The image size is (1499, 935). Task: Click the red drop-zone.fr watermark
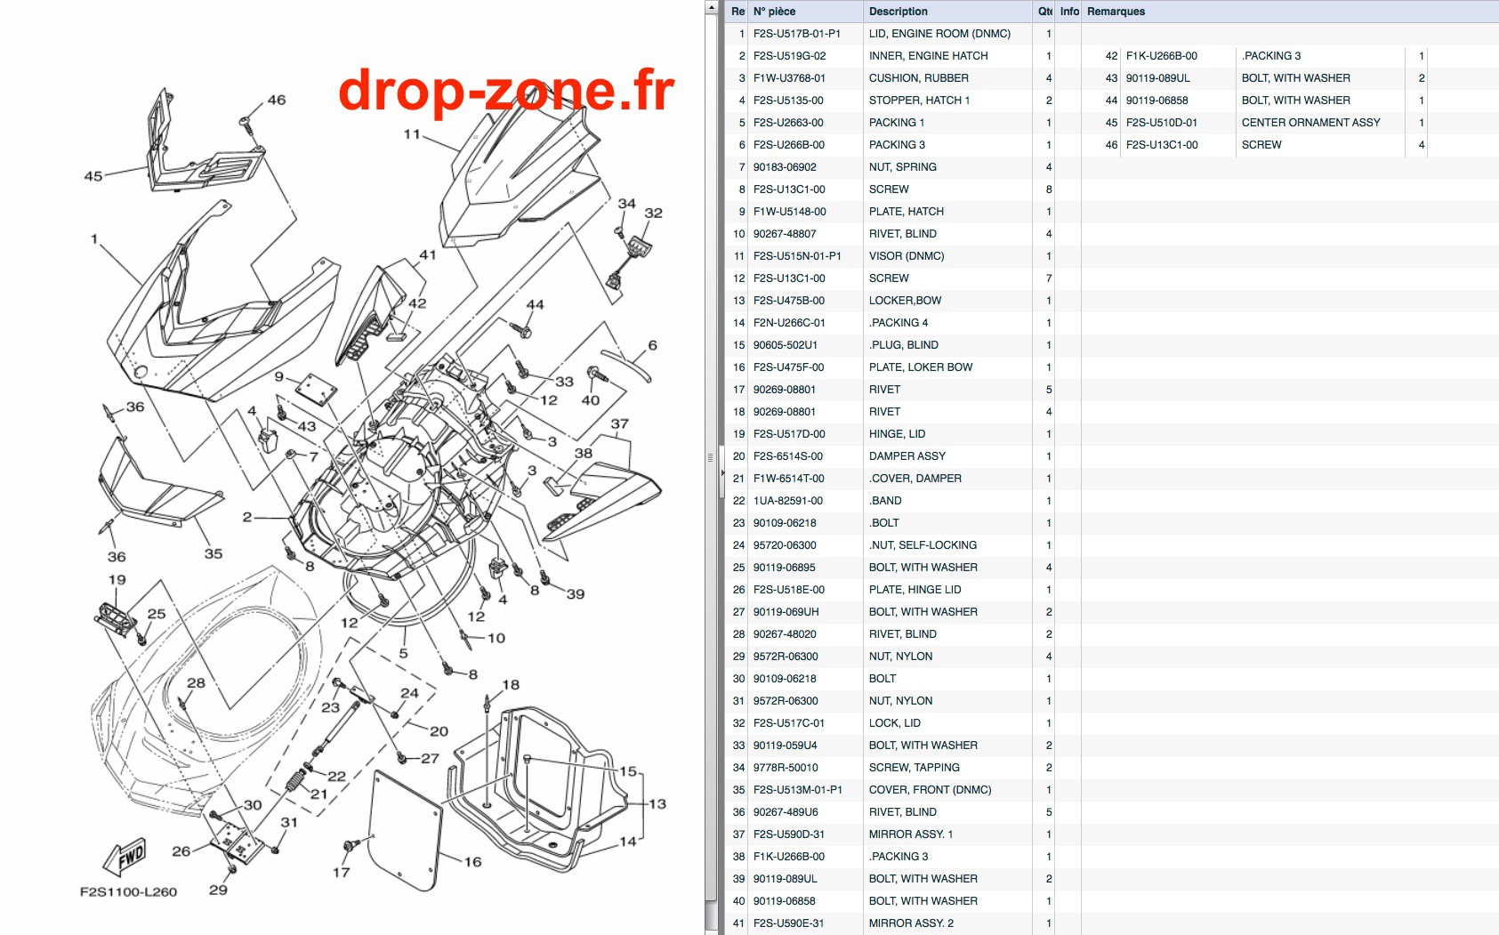[506, 90]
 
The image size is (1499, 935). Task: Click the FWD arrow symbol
[125, 857]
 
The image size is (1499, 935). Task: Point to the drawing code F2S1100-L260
[128, 892]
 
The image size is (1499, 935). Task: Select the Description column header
[898, 12]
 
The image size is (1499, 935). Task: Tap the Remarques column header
[1116, 12]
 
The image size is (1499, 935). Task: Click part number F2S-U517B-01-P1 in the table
[796, 34]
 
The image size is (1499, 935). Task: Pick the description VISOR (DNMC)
[907, 255]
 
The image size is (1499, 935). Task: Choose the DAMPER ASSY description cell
[907, 455]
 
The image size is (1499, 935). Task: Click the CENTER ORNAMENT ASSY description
[1310, 123]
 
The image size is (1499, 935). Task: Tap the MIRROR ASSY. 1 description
[911, 834]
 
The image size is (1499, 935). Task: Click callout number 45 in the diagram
[93, 176]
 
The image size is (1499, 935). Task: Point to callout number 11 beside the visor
[412, 134]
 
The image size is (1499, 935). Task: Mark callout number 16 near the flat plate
[472, 862]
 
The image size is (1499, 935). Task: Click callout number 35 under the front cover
[214, 553]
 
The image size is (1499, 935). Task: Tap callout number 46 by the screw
[277, 100]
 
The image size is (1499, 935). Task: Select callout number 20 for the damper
[439, 731]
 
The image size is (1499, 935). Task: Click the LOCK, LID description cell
[894, 723]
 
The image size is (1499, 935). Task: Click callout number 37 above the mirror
[620, 423]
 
